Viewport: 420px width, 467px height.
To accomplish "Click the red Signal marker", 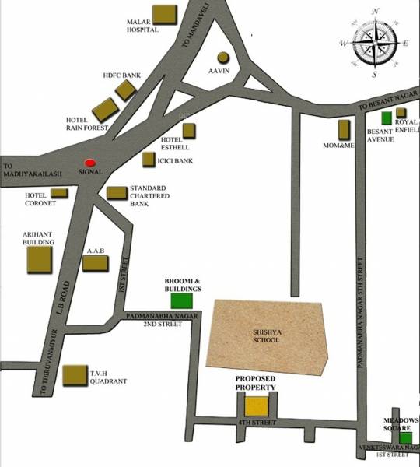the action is point(91,162).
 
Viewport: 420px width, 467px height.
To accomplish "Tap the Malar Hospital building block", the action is point(163,14).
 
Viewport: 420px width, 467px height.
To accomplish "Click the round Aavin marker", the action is point(223,58).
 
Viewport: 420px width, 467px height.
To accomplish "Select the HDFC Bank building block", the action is point(126,90).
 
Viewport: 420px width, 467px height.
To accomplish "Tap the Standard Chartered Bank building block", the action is point(117,192).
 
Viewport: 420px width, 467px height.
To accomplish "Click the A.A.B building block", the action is point(95,262).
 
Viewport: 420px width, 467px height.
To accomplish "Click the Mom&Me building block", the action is point(345,129).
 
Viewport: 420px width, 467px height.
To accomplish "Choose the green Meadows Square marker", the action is point(406,437).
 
